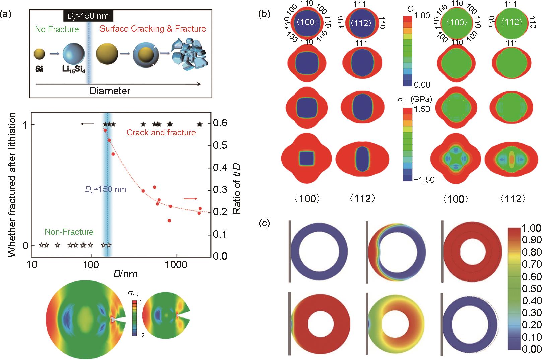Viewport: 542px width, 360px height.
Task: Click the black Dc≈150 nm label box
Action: click(88, 16)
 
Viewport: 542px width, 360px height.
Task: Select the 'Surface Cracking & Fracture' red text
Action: click(152, 29)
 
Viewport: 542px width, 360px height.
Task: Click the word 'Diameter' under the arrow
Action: click(110, 91)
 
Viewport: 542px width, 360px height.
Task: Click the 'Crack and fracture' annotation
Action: click(161, 133)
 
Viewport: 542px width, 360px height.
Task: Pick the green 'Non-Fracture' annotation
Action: click(69, 232)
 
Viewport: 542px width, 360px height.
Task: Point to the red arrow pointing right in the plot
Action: click(190, 199)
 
